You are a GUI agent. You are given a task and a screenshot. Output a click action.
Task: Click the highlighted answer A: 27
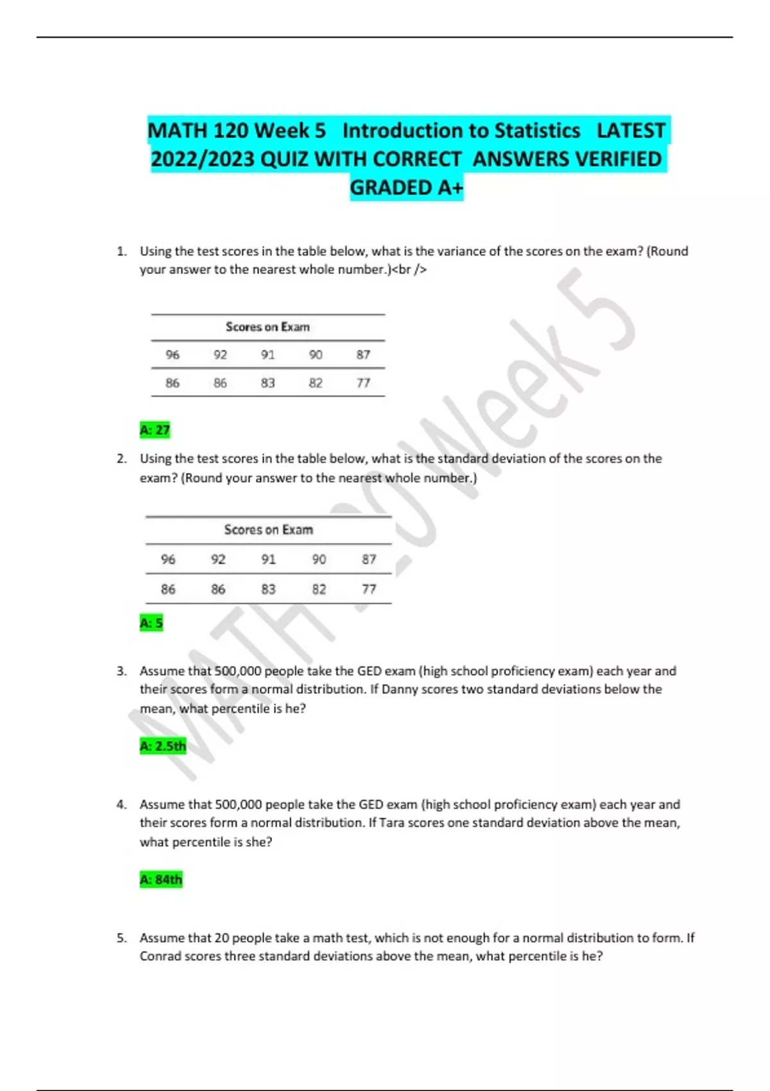(x=155, y=430)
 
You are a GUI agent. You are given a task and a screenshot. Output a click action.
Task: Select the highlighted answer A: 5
(x=151, y=623)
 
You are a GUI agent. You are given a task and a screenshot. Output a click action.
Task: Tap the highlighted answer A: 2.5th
(x=163, y=746)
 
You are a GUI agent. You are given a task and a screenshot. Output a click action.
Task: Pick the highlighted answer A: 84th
(x=161, y=879)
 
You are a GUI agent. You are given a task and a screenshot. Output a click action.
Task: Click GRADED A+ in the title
(x=406, y=188)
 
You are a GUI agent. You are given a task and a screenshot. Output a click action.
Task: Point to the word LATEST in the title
(x=631, y=130)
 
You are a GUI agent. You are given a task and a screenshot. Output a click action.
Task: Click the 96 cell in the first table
(x=173, y=355)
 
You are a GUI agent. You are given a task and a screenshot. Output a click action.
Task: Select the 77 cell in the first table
(x=363, y=383)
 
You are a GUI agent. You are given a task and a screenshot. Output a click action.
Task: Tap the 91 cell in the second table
(x=268, y=560)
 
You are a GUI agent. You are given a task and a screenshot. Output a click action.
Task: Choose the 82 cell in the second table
(x=319, y=589)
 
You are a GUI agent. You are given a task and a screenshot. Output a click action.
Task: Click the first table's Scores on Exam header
(x=268, y=327)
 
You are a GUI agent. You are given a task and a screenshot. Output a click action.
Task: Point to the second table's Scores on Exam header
(x=268, y=530)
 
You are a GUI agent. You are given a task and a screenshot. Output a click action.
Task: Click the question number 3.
(x=121, y=671)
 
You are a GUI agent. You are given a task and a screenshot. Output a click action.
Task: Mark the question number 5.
(x=121, y=938)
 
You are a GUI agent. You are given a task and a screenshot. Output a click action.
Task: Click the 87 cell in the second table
(x=369, y=560)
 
